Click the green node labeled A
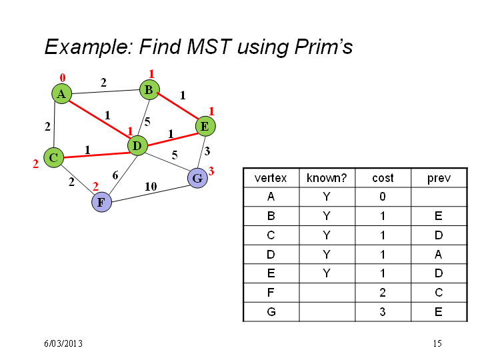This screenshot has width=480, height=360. click(x=61, y=94)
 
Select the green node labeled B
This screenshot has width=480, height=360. click(x=149, y=90)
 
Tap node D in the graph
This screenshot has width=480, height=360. click(x=137, y=146)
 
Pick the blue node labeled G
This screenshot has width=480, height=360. click(x=197, y=178)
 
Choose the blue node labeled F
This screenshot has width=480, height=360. click(x=101, y=202)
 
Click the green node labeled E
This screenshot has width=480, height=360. click(x=205, y=126)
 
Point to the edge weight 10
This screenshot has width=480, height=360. click(x=151, y=187)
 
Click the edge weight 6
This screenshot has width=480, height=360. click(x=115, y=175)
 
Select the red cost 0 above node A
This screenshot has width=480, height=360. click(x=63, y=78)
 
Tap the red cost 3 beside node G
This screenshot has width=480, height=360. click(x=211, y=171)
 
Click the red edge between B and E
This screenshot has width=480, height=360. click(x=178, y=106)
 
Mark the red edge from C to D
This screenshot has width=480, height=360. click(x=96, y=155)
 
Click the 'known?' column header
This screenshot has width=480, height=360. click(x=327, y=178)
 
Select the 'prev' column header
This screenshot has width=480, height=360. click(x=439, y=179)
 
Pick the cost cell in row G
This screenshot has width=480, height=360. click(x=383, y=312)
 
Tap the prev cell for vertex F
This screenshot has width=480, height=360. click(x=439, y=293)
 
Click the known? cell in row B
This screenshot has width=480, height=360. click(x=327, y=216)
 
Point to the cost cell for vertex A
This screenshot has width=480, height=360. click(x=383, y=197)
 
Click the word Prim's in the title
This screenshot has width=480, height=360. click(x=323, y=47)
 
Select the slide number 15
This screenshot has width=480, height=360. click(x=437, y=343)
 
